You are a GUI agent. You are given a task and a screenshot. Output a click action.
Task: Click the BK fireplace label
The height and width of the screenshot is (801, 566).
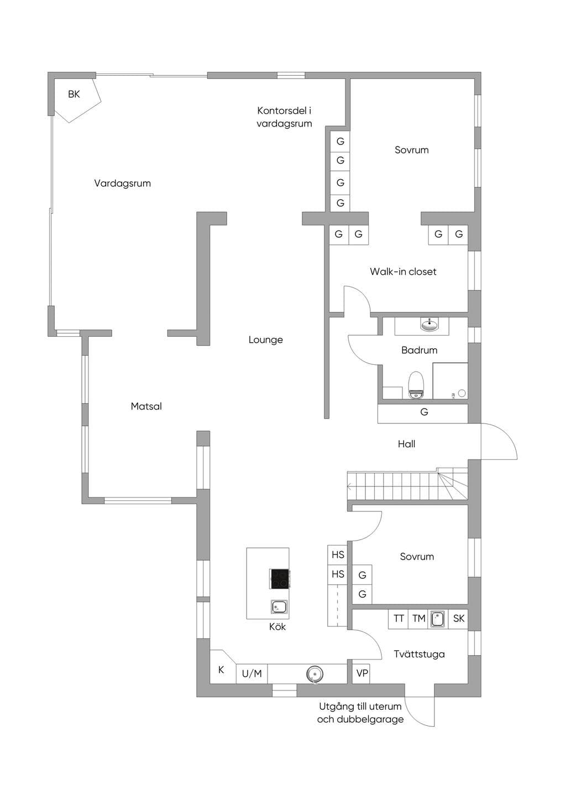(x=74, y=94)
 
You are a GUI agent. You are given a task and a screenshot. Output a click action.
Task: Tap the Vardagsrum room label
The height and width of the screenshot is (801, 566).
(x=122, y=184)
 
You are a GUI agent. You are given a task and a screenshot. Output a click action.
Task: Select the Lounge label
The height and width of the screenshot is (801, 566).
(x=266, y=340)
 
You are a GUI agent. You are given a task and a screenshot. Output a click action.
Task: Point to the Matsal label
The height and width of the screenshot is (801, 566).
(x=146, y=406)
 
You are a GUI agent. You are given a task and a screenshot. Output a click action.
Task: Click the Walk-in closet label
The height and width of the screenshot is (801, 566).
(x=403, y=271)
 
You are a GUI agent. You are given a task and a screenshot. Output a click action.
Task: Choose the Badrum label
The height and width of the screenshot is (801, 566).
(x=420, y=350)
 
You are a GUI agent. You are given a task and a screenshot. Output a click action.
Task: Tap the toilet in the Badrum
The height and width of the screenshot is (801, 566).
(x=416, y=385)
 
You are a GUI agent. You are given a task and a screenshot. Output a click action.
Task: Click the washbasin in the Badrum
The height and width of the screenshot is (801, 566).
(x=429, y=324)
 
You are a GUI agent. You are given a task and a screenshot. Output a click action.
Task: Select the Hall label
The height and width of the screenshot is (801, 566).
(x=406, y=444)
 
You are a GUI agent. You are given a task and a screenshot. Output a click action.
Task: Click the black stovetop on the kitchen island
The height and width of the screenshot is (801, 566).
(x=280, y=579)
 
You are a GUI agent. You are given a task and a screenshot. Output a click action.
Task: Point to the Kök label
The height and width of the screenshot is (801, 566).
(x=277, y=626)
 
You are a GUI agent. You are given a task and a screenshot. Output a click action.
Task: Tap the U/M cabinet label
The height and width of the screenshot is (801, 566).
(x=251, y=674)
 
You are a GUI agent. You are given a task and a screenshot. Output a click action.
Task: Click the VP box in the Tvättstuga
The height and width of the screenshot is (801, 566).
(x=362, y=673)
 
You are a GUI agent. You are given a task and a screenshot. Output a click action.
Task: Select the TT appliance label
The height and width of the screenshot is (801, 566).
(x=399, y=618)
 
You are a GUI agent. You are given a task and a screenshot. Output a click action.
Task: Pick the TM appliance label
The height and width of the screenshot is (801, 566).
(x=418, y=618)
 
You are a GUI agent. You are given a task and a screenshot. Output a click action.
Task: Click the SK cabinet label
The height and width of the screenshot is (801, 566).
(x=459, y=618)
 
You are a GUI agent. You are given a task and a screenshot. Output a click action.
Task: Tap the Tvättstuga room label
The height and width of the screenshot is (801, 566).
(x=419, y=654)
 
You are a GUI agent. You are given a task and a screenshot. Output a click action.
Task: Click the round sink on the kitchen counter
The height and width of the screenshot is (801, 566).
(x=315, y=674)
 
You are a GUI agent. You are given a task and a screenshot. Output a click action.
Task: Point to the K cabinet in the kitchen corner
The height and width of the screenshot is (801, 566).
(x=221, y=669)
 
